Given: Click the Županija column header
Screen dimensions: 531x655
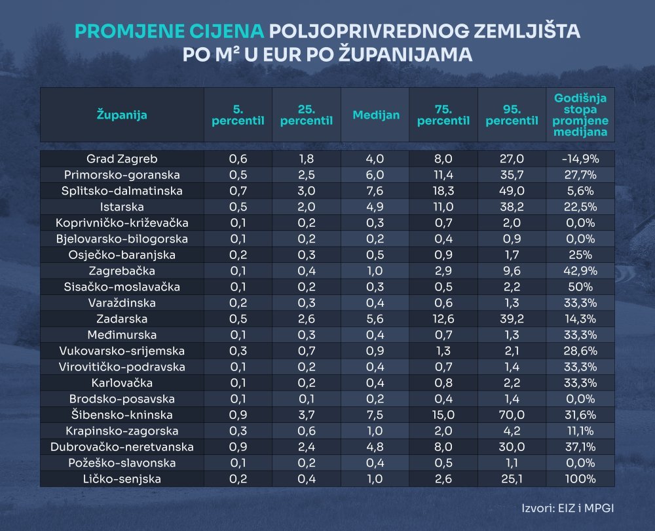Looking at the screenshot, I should click(x=122, y=115).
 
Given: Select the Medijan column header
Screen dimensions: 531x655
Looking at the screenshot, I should click(x=376, y=115).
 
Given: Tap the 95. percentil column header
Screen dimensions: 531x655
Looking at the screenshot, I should click(x=512, y=115).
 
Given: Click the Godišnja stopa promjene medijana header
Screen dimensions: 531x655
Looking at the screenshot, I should click(x=580, y=115).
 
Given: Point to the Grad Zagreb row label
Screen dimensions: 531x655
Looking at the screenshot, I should click(x=122, y=159).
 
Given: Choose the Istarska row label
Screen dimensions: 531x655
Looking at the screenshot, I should click(x=122, y=206).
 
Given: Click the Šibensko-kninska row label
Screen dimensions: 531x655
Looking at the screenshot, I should click(x=122, y=415).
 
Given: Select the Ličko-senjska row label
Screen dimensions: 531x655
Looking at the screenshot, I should click(x=122, y=479).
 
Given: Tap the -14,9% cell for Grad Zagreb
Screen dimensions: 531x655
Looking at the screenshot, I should click(x=580, y=159).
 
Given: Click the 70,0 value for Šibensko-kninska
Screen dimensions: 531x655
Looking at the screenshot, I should click(x=512, y=415).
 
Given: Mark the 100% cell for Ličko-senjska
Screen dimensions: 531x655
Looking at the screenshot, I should click(x=580, y=479).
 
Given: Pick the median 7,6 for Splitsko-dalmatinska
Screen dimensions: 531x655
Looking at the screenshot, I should click(x=376, y=191).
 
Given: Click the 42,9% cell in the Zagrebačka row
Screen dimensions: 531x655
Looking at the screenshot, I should click(x=580, y=271).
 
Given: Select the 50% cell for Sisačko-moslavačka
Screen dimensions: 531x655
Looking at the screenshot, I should click(x=580, y=287).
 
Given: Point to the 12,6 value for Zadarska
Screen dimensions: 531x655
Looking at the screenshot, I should click(x=444, y=319).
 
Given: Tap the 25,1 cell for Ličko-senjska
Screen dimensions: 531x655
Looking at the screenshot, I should click(x=512, y=479).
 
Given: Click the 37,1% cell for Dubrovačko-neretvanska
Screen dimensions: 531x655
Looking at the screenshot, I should click(x=580, y=447).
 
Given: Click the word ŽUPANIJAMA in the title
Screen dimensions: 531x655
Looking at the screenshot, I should click(x=406, y=54).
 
